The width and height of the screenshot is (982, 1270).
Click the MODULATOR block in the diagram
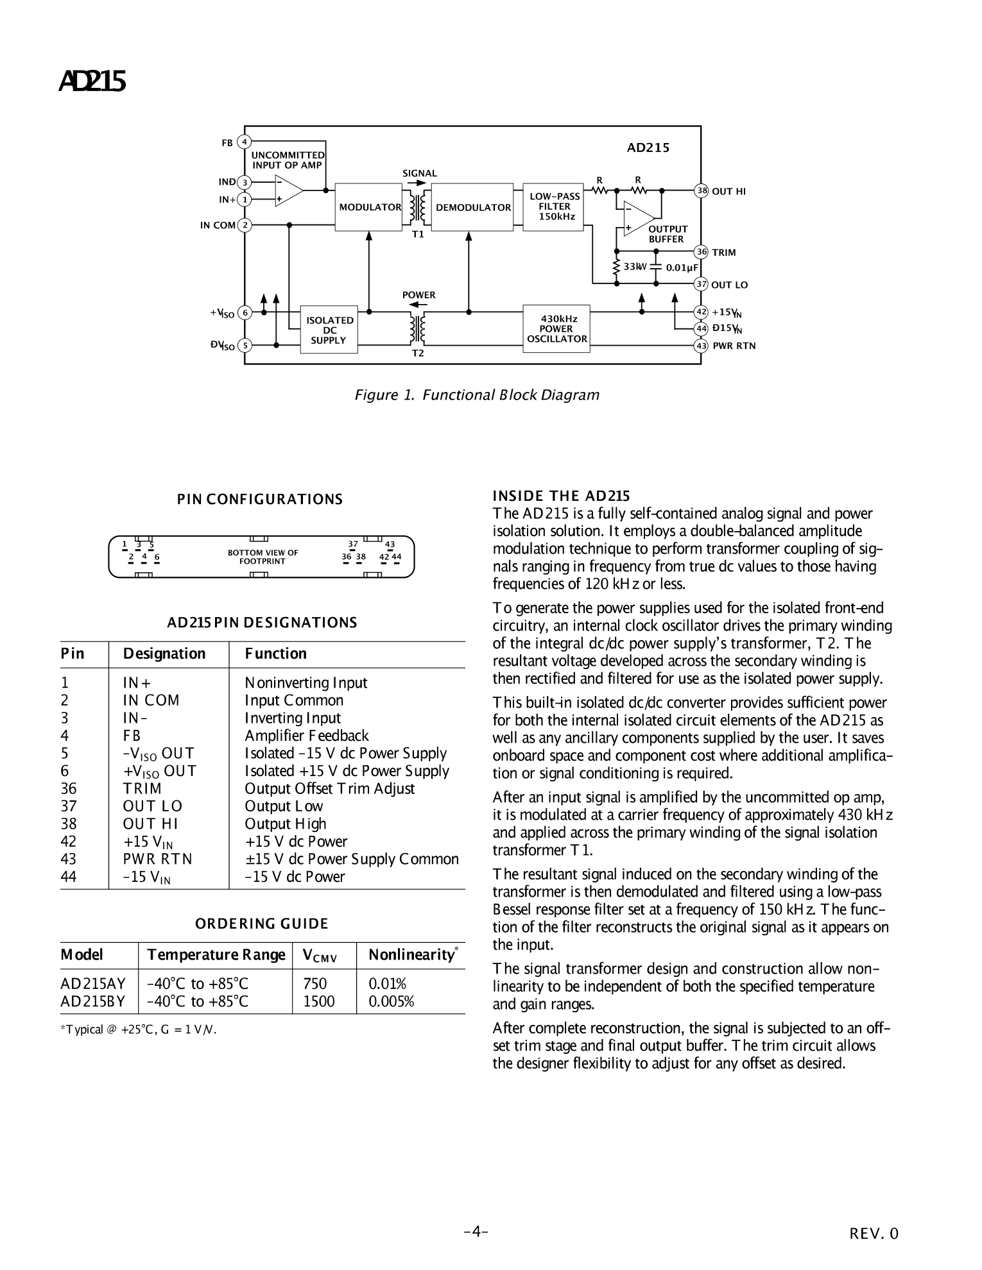368,207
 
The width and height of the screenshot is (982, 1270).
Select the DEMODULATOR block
472,207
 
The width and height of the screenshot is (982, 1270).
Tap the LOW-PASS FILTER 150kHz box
555,207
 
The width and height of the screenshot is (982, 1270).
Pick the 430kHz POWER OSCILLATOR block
556,328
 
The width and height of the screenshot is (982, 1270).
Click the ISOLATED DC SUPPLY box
329,330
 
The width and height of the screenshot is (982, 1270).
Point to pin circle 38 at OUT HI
702,190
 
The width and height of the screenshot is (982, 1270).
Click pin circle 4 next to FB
244,142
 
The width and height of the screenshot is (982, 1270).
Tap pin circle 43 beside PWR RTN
702,346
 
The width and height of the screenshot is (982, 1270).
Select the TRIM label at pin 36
724,253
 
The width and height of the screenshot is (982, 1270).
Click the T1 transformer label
418,234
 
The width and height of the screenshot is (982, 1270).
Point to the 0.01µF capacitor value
682,267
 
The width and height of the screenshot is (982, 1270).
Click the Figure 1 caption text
477,395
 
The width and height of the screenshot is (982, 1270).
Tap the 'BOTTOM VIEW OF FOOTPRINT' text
263,557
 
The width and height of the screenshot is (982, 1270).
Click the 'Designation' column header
164,654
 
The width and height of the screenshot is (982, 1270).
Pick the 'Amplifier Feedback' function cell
307,736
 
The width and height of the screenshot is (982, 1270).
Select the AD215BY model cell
92,1001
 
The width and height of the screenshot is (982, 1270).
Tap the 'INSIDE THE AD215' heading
561,496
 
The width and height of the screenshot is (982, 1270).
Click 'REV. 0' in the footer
874,1233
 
